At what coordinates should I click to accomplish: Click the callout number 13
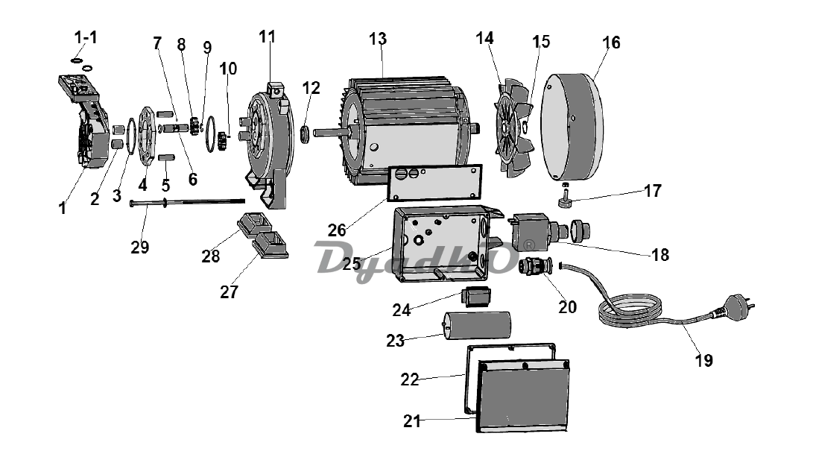(378, 39)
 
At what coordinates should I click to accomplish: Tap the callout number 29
(139, 248)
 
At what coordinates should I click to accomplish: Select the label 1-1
(86, 37)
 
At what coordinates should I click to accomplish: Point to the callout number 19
(703, 360)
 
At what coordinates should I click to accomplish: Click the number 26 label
(337, 230)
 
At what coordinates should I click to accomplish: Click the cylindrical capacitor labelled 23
(477, 326)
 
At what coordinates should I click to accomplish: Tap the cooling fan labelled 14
(514, 127)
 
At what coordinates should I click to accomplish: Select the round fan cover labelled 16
(572, 127)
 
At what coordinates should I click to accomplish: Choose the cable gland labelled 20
(534, 265)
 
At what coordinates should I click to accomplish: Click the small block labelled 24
(476, 296)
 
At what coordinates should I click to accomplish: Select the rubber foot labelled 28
(255, 224)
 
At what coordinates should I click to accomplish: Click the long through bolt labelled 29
(187, 201)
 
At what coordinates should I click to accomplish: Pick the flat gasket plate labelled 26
(435, 183)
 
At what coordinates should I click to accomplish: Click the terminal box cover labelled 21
(522, 395)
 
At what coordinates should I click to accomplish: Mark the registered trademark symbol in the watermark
(528, 245)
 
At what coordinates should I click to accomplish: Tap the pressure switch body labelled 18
(531, 232)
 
